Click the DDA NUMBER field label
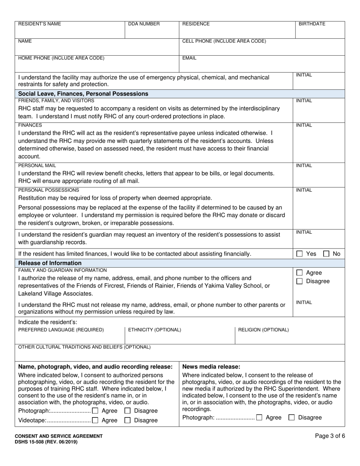tap(144, 24)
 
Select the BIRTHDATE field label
tap(312, 24)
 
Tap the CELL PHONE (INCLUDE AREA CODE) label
tap(224, 41)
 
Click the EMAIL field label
tap(189, 58)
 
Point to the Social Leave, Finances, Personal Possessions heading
tap(83, 94)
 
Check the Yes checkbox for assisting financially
tap(299, 254)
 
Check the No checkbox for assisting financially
tap(326, 254)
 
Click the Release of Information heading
tap(50, 263)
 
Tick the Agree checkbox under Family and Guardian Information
tap(299, 273)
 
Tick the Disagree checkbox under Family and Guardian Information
tap(299, 281)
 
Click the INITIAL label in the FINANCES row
tap(304, 125)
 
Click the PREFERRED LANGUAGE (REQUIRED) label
tap(61, 330)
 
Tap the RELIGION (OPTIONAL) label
tap(263, 330)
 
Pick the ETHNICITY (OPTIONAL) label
tap(155, 330)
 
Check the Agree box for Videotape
tap(95, 420)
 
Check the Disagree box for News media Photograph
tap(291, 418)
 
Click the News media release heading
tap(211, 367)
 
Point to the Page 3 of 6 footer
tap(330, 436)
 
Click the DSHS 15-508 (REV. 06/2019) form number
tap(48, 442)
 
